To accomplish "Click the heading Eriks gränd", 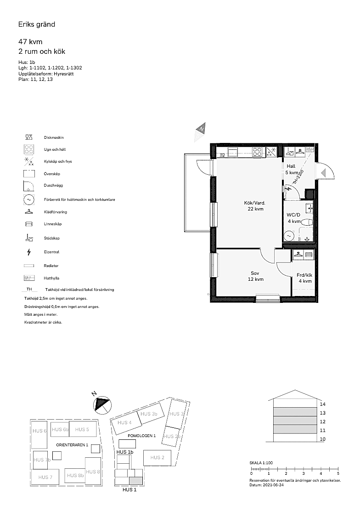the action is [37, 24].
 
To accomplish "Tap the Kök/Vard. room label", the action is [255, 203].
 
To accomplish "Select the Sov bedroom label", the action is [255, 273].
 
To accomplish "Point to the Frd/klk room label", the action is [304, 275].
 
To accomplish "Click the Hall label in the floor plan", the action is [291, 166].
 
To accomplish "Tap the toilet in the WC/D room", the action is [307, 222].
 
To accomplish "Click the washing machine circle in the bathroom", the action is [288, 235].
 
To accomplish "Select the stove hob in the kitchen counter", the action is [258, 152].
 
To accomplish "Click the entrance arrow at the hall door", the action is [323, 173].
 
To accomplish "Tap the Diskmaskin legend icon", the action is [29, 137].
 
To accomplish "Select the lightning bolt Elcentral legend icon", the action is [29, 252].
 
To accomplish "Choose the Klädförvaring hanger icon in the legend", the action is [29, 211].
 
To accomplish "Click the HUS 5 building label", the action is [82, 429].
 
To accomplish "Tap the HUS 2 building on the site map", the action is [157, 457].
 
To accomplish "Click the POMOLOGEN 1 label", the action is [142, 436].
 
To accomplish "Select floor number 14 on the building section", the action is [322, 404].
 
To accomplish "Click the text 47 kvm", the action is [30, 42].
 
